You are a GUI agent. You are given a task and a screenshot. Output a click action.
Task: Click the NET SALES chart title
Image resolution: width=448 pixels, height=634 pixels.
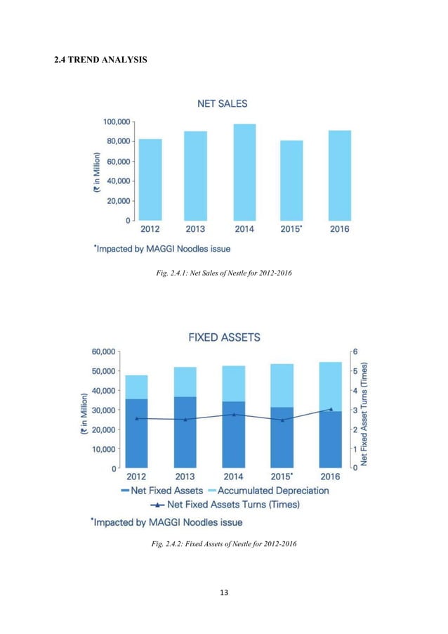(x=222, y=103)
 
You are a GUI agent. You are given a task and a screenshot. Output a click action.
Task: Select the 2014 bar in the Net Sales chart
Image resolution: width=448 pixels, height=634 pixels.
(x=244, y=172)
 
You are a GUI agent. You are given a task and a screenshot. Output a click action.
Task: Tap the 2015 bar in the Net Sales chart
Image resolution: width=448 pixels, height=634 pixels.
(x=291, y=181)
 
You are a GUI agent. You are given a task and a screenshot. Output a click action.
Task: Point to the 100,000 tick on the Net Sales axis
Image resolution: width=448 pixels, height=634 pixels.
(x=117, y=122)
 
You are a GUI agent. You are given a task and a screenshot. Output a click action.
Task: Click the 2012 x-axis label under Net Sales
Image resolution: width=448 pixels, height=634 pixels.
(x=150, y=229)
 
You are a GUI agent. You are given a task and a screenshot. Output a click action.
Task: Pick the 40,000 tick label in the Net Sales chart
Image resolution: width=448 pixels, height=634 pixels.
(x=119, y=181)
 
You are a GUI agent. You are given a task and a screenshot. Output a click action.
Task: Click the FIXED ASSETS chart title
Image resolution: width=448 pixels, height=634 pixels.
(x=224, y=337)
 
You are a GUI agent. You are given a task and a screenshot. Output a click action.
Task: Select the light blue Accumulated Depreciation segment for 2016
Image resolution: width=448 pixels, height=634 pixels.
(x=331, y=387)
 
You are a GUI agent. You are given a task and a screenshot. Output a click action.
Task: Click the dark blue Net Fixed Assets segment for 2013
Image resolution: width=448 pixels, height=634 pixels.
(x=185, y=432)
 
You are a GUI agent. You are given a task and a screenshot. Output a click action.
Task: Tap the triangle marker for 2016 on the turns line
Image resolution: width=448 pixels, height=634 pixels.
(x=331, y=409)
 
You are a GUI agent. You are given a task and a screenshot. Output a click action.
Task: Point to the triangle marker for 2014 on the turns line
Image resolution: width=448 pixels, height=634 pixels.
(x=234, y=415)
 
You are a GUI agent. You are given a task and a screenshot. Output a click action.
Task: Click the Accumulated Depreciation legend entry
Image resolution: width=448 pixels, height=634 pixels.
(x=268, y=491)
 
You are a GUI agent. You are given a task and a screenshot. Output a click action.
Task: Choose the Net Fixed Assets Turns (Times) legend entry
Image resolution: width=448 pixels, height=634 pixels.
(x=225, y=505)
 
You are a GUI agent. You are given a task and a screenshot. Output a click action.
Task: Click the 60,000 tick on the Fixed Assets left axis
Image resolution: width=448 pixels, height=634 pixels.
(x=103, y=351)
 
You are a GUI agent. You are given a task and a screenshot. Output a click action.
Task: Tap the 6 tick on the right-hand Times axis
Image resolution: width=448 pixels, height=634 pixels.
(x=355, y=351)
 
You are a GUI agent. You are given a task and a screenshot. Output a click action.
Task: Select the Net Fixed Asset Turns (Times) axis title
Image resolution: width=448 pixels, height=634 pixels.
(x=364, y=413)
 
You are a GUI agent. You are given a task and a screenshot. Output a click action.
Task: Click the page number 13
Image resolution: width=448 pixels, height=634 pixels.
(x=224, y=593)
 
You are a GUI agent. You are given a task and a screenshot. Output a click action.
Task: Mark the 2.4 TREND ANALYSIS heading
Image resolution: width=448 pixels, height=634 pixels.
(x=100, y=60)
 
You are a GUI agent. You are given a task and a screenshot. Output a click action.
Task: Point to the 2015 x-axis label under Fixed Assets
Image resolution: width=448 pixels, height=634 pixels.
(x=282, y=477)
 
